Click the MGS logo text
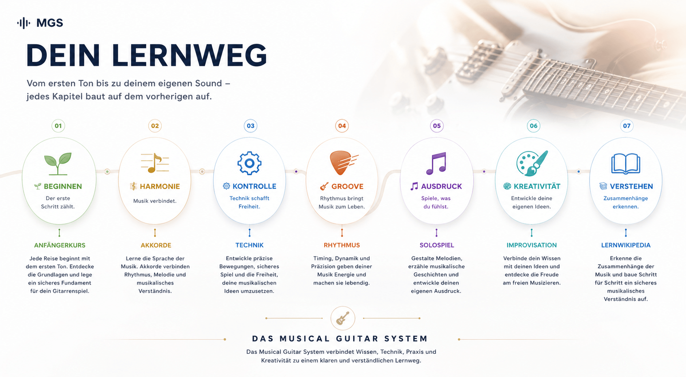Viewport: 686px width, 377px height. [49, 23]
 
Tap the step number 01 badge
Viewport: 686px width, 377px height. [58, 126]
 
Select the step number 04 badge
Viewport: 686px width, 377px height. [342, 126]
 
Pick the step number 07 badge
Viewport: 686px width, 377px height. [626, 126]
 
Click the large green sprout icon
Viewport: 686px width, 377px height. [58, 164]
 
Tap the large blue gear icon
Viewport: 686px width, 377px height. [249, 163]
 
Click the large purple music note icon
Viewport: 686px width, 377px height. [436, 164]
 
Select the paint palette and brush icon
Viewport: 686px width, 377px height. [532, 163]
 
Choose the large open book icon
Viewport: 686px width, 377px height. [626, 164]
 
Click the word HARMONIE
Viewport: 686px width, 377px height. [160, 186]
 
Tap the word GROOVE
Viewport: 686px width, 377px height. [347, 186]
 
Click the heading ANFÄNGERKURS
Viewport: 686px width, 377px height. [60, 245]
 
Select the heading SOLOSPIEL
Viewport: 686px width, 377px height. [437, 245]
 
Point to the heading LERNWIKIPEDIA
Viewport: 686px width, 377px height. [626, 245]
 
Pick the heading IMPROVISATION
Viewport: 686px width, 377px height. [532, 245]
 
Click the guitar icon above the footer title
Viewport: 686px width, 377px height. [343, 318]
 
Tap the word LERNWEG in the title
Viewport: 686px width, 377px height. [189, 55]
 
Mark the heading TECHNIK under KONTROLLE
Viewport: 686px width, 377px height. [249, 245]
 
